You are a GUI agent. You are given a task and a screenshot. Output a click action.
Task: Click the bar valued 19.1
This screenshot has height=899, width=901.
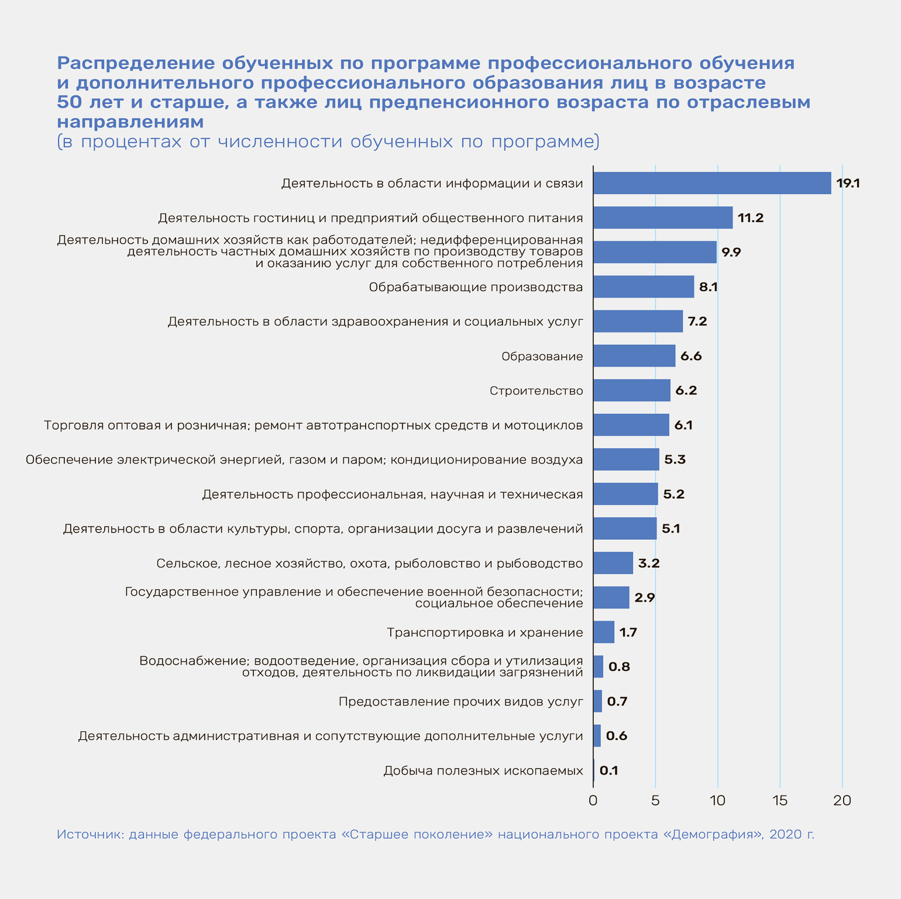[712, 183]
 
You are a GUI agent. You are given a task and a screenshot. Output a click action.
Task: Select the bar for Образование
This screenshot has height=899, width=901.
[634, 356]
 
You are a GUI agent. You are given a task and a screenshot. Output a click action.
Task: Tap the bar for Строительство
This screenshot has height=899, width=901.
[632, 390]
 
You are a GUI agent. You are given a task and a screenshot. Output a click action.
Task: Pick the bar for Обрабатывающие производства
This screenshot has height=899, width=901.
[644, 287]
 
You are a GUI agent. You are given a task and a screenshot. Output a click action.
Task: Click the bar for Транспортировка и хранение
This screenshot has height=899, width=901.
[604, 632]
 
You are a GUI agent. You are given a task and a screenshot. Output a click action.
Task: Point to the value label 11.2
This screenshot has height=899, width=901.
[751, 218]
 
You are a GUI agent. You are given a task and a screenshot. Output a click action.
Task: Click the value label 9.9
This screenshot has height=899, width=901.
[731, 253]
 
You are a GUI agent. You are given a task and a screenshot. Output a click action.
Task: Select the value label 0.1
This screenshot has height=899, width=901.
[609, 770]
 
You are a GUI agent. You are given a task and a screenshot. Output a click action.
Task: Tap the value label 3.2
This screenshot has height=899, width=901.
[649, 563]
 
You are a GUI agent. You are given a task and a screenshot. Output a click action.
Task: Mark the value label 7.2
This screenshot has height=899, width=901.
[697, 321]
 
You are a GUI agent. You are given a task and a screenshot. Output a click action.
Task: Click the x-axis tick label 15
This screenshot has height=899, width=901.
[780, 801]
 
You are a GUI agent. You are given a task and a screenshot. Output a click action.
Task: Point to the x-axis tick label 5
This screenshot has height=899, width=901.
[655, 801]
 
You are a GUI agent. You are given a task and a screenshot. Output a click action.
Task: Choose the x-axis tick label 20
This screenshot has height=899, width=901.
[842, 801]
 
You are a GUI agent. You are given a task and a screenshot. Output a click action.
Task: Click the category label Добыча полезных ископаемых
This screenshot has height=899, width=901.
[483, 770]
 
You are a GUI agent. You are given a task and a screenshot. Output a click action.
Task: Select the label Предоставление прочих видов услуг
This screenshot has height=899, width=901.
[461, 701]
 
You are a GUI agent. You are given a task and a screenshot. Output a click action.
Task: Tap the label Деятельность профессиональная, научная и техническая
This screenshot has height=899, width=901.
[393, 495]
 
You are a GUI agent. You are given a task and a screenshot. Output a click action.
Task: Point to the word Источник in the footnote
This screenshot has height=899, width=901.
[90, 834]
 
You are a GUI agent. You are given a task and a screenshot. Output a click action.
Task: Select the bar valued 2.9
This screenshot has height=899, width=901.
[611, 597]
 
